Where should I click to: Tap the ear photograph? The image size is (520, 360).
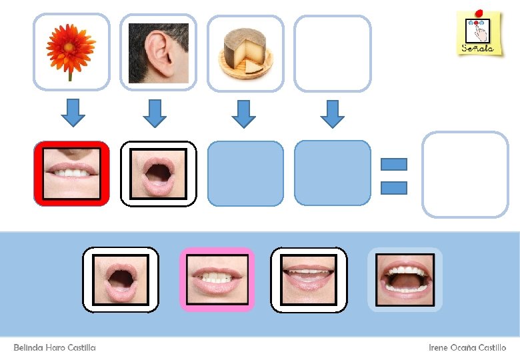point(158,51)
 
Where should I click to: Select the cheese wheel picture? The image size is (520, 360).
point(245,51)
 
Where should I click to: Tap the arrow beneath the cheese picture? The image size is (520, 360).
point(245,113)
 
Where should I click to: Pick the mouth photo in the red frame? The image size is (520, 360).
point(71,173)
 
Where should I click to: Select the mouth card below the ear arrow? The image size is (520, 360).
point(158,173)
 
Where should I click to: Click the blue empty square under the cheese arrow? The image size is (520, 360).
point(245,173)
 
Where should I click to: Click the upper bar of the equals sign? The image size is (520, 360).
point(394,164)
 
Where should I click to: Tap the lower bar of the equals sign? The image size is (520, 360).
point(394,187)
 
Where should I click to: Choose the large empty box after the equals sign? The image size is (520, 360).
point(465,175)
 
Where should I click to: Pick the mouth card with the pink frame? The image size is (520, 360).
point(217,279)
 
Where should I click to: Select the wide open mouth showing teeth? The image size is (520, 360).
point(405,279)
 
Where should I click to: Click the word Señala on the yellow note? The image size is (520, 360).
point(477,48)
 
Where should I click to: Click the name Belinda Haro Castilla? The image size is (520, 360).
point(55,348)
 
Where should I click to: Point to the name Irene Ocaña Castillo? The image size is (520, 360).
point(467,348)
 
